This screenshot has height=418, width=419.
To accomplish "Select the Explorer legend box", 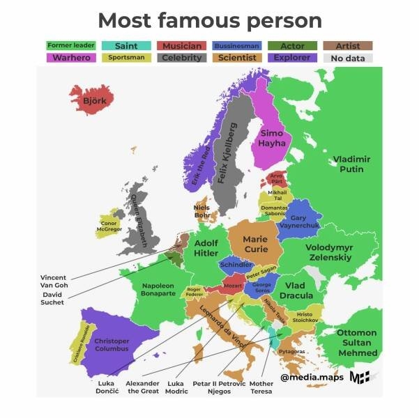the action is click(x=292, y=58).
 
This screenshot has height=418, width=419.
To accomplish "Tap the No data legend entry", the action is click(x=348, y=58).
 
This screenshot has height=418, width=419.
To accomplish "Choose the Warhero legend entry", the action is click(x=70, y=58).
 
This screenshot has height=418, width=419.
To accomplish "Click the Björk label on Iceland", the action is click(x=94, y=100).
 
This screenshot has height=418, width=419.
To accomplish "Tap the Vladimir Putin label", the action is click(x=351, y=164).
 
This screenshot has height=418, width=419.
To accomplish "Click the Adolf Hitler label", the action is click(x=206, y=248).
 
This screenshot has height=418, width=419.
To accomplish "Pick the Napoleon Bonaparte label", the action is click(x=158, y=289).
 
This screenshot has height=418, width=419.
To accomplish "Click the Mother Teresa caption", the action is click(x=261, y=387).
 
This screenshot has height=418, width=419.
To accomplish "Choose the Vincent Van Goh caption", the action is click(x=54, y=281).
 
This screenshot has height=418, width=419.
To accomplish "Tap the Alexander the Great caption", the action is click(x=143, y=387).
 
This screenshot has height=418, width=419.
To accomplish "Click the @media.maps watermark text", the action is click(x=312, y=378).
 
